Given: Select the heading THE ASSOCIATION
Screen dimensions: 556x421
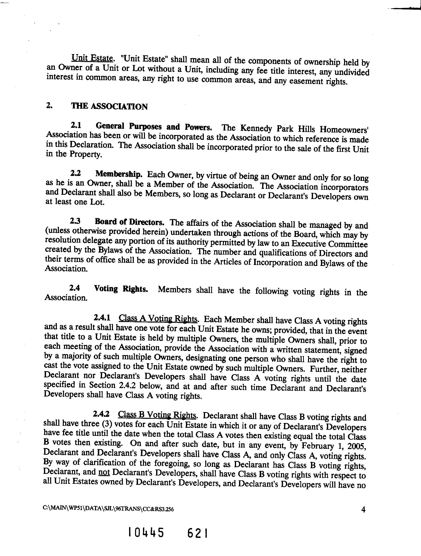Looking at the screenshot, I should click(x=109, y=106).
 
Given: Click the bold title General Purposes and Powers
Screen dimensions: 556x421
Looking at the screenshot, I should click(x=154, y=127).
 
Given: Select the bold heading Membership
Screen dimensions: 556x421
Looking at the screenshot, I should click(x=119, y=174).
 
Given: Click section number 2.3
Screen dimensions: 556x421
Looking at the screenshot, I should click(x=75, y=221).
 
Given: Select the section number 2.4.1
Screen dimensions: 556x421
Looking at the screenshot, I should click(x=102, y=318).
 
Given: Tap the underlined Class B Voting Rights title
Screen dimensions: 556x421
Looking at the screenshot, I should click(x=157, y=415).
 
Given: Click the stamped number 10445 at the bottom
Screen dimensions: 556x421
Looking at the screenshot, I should click(x=146, y=532).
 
